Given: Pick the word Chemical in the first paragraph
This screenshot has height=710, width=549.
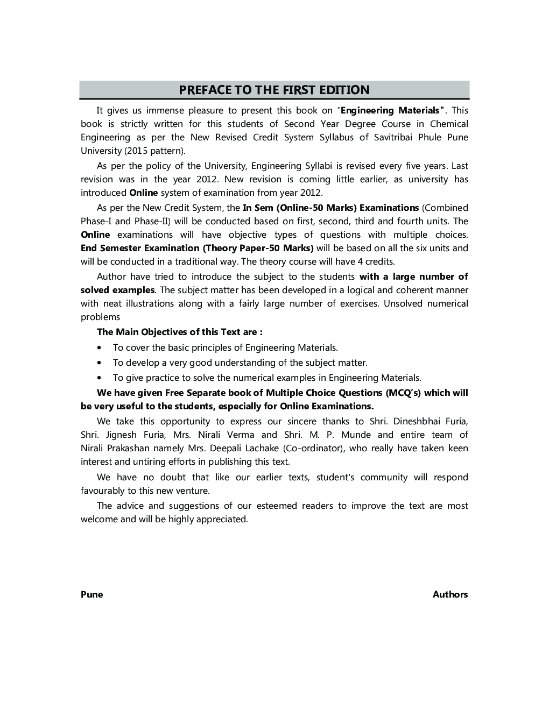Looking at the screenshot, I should pos(449,124).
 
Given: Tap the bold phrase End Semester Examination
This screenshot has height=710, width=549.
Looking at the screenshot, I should pos(140,248).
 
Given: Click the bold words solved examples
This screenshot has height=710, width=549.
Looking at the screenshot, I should pos(117,290).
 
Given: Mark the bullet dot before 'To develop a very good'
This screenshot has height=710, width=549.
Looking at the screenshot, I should pos(100,363).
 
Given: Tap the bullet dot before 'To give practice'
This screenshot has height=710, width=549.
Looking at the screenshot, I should pos(100,378).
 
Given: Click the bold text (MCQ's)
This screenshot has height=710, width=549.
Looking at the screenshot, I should pos(403,393).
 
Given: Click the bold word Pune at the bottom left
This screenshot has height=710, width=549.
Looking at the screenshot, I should pos(91,594).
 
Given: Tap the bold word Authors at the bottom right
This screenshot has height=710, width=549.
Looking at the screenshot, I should pos(450,594).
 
